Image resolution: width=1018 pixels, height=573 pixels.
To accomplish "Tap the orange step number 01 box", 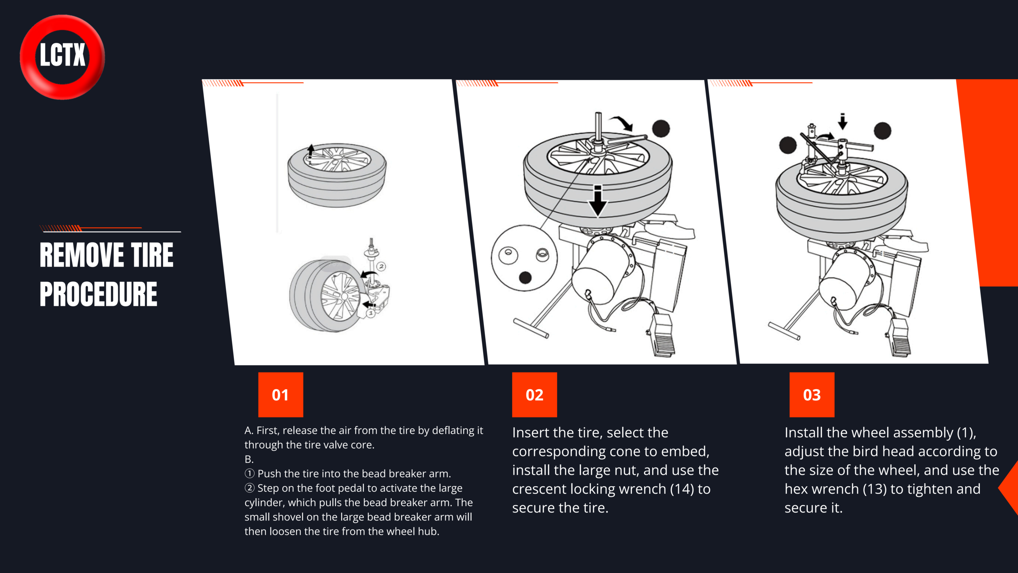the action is tap(281, 395).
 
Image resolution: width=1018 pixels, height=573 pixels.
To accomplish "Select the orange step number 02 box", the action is tap(534, 395).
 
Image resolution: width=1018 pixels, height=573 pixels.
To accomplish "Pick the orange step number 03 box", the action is tap(812, 395).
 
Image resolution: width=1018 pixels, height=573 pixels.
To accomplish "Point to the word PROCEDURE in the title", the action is tap(99, 294).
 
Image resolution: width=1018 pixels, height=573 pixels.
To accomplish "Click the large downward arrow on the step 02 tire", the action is tap(598, 201).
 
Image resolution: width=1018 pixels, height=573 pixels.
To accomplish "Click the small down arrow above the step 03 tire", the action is tap(842, 121).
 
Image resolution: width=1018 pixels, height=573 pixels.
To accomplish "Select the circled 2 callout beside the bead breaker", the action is tap(381, 266).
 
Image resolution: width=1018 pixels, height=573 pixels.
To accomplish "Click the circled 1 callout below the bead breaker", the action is tap(371, 314).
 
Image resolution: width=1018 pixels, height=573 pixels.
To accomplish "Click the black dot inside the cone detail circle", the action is tap(525, 277).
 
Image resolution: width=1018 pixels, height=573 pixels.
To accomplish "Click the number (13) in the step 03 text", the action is tap(874, 489).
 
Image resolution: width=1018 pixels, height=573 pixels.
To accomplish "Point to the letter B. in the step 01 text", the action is tap(249, 459).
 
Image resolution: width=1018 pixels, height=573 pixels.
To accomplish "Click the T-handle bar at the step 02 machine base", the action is tap(531, 328).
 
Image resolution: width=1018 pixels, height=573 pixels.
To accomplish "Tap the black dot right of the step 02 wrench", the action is tap(661, 129).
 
